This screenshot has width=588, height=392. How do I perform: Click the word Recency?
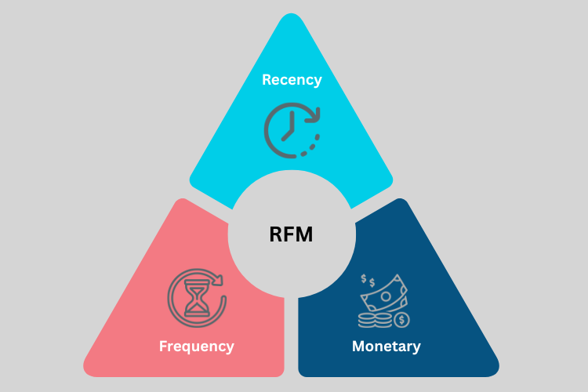pyautogui.click(x=292, y=80)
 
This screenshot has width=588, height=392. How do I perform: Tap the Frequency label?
pyautogui.click(x=196, y=346)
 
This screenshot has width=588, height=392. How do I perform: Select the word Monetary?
pyautogui.click(x=387, y=346)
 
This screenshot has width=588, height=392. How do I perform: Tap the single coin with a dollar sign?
pyautogui.click(x=401, y=320)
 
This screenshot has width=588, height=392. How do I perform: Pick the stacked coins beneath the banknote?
pyautogui.click(x=372, y=319)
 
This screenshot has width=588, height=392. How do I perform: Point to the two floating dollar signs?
pyautogui.click(x=368, y=280)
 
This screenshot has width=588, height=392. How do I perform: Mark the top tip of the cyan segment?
pyautogui.click(x=291, y=17)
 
